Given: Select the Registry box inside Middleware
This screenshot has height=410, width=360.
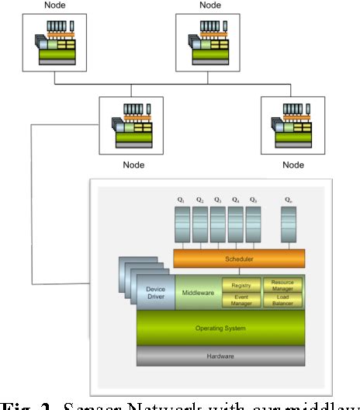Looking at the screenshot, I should click(x=241, y=285).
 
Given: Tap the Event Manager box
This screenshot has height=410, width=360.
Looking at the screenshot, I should click(x=241, y=301).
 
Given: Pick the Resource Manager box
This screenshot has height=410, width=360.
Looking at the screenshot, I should click(x=282, y=285).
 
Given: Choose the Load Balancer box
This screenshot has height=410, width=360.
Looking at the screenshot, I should click(x=282, y=301).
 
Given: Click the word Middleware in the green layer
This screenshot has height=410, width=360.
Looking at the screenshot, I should click(x=198, y=294).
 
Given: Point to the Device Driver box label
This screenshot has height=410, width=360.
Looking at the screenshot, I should click(x=155, y=294).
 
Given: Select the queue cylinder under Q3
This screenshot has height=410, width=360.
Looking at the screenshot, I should click(x=219, y=224).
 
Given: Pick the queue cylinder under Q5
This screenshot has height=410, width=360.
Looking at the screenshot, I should click(x=256, y=224).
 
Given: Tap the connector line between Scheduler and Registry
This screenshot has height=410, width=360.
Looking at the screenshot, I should click(x=241, y=273).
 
